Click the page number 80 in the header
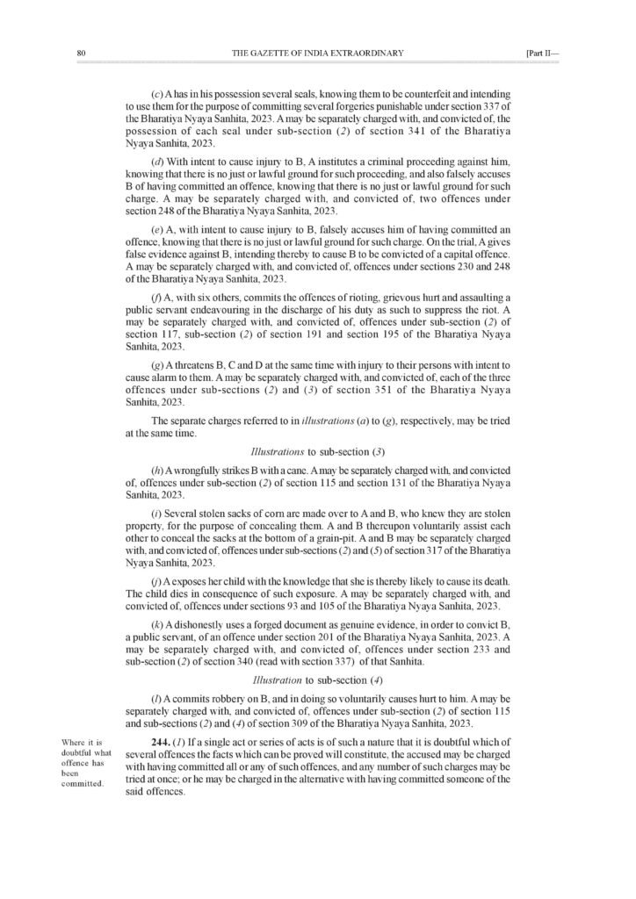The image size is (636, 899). click(x=81, y=54)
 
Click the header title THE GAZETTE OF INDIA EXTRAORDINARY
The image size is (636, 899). click(x=317, y=54)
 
